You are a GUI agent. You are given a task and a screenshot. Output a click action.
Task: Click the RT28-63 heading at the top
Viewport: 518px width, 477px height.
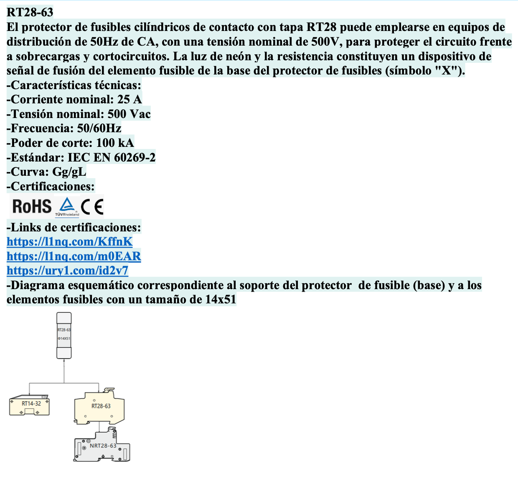coord(30,12)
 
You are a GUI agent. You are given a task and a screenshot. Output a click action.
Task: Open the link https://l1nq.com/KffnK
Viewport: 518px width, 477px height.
coord(69,241)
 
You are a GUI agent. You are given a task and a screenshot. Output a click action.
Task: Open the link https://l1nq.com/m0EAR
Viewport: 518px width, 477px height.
coord(74,256)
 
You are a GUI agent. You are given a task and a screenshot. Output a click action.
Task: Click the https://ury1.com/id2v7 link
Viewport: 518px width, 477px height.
coord(67,271)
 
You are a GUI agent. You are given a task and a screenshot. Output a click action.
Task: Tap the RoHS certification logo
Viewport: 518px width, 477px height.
coord(32,206)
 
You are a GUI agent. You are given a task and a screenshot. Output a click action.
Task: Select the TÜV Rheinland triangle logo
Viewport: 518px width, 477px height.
coord(67,207)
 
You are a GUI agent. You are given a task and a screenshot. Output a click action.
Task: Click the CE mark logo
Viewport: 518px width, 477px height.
coord(92,207)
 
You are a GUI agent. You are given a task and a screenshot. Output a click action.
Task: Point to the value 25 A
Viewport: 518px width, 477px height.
coord(129,99)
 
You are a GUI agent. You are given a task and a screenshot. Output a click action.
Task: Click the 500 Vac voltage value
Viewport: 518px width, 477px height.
coord(129,114)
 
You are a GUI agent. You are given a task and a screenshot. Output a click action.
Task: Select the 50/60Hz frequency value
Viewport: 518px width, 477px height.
coord(99,128)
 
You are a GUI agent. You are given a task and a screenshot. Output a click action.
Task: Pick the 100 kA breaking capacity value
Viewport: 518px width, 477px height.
coord(115,143)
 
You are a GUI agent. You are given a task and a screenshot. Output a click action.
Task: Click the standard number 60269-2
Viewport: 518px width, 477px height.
coord(135,157)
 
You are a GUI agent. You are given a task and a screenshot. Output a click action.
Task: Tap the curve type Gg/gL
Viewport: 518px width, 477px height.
coord(69,172)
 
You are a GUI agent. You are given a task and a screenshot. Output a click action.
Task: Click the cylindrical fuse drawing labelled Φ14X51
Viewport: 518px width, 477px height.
coord(64,335)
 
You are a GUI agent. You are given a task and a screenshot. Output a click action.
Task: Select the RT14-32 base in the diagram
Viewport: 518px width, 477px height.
coord(29,405)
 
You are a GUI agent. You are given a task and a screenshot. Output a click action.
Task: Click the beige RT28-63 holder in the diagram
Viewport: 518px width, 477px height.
coord(99,406)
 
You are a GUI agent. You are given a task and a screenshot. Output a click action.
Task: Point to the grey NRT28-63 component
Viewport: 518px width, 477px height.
coord(102,445)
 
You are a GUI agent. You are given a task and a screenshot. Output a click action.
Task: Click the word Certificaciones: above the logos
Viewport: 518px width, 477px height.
coord(52,186)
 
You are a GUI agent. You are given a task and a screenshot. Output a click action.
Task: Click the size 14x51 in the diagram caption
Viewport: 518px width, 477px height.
coord(221,300)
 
